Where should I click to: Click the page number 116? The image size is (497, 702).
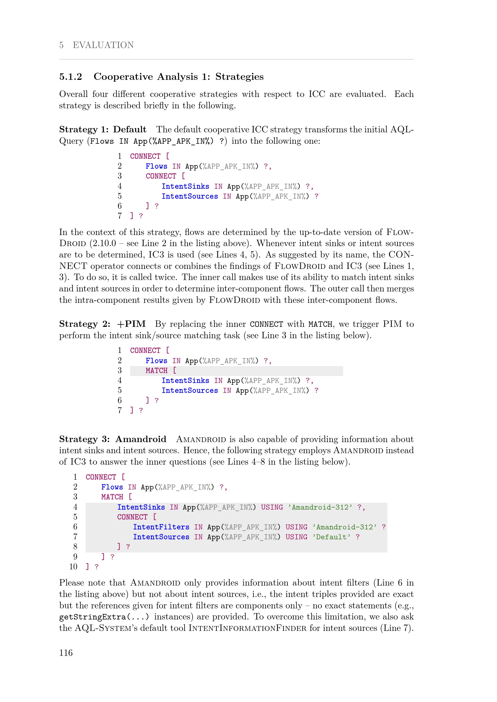66,653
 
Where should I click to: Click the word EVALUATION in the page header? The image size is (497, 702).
103,45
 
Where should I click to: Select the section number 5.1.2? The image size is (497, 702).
71,77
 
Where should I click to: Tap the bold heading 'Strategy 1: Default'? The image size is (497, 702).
103,129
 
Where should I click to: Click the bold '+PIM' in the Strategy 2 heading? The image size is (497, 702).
131,324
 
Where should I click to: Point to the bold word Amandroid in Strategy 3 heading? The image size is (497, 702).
141,439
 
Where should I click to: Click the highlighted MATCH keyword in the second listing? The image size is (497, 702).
156,371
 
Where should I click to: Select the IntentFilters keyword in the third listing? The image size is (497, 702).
161,527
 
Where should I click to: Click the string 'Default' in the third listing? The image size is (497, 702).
331,537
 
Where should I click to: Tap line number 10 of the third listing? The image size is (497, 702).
73,567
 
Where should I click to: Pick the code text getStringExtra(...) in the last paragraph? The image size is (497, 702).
104,617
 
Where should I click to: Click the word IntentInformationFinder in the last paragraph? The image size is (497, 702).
247,628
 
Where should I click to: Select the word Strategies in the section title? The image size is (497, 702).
239,77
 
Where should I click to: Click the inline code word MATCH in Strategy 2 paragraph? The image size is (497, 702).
320,324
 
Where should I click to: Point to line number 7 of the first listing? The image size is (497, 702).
120,216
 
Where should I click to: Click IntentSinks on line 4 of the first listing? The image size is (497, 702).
185,186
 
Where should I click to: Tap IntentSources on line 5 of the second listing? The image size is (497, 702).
189,390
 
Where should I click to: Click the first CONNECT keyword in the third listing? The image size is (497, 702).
101,477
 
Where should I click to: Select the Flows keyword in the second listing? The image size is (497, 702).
156,361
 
